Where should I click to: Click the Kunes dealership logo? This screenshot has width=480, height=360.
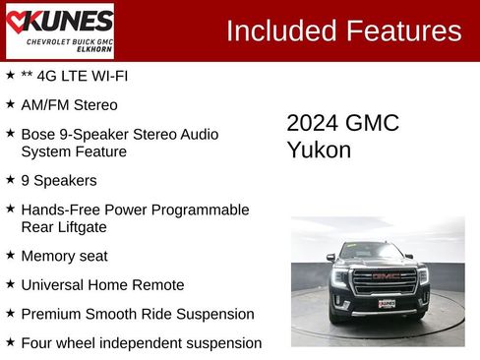click(x=60, y=30)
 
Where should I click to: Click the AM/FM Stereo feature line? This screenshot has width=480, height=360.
click(x=69, y=104)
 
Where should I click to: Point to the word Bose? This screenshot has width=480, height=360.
click(x=38, y=134)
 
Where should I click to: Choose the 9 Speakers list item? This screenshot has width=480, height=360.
click(x=59, y=181)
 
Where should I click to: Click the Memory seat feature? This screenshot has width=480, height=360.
click(x=64, y=256)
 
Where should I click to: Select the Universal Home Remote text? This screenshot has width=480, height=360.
click(x=102, y=285)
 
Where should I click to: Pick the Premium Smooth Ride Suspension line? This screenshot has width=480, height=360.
click(x=138, y=314)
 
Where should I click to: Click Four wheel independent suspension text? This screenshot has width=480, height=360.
click(x=141, y=343)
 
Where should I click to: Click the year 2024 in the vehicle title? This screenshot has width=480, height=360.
click(x=312, y=123)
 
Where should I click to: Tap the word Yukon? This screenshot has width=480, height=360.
click(x=319, y=150)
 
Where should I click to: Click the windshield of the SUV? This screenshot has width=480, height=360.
click(x=379, y=251)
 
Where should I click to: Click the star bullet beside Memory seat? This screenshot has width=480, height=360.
click(x=10, y=255)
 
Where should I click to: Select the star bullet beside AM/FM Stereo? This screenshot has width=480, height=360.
click(x=10, y=103)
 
